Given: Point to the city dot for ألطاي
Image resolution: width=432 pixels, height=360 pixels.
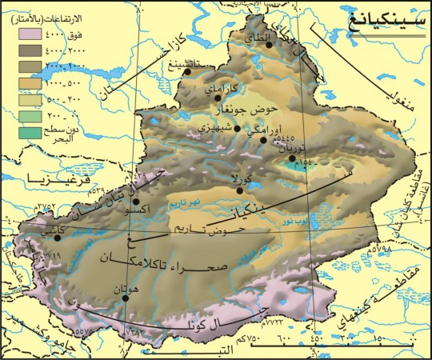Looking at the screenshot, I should click(x=270, y=45).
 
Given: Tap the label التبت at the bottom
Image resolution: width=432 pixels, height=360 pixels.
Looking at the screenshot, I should click(x=238, y=350).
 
